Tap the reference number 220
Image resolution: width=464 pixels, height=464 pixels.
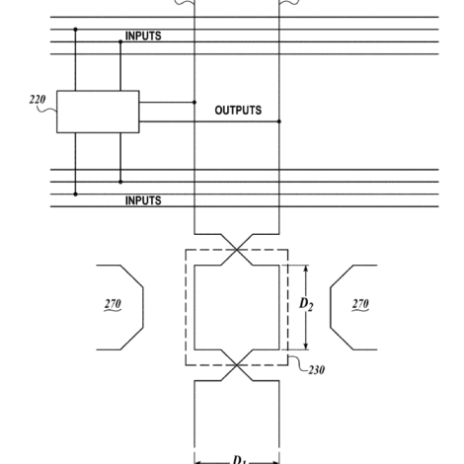[x=38, y=100]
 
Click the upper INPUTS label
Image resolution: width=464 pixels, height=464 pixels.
[x=143, y=36]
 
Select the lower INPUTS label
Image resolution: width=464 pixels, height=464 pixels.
[x=143, y=200]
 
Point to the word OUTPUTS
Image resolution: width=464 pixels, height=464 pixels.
[x=238, y=111]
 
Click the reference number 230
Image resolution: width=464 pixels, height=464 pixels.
[x=316, y=370]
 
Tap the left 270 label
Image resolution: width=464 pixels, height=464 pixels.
[x=113, y=304]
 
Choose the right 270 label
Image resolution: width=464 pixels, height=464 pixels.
[x=360, y=304]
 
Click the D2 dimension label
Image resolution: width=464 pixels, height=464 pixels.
[x=306, y=304]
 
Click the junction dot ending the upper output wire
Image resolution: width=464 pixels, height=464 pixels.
[x=194, y=103]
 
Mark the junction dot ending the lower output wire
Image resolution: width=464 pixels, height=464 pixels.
[x=279, y=121]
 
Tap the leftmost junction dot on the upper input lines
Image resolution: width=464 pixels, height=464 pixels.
[x=75, y=30]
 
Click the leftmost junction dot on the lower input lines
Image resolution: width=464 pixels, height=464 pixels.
[x=75, y=194]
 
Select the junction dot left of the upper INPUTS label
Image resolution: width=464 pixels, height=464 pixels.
[x=120, y=41]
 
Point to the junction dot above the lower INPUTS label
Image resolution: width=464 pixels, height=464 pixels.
[x=120, y=182]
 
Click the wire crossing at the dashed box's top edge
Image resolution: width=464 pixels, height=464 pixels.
[x=237, y=250]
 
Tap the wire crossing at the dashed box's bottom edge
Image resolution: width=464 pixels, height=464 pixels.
[x=237, y=365]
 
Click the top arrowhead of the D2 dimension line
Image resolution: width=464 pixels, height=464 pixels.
[x=306, y=269]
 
